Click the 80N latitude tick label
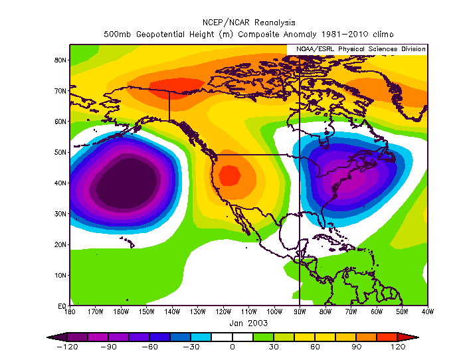(60, 60)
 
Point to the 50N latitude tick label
(60, 152)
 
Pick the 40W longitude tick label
(427, 312)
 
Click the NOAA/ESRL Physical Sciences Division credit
(357, 49)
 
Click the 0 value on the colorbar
(232, 347)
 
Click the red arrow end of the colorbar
(401, 337)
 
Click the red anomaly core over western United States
(229, 175)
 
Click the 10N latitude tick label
(60, 275)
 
